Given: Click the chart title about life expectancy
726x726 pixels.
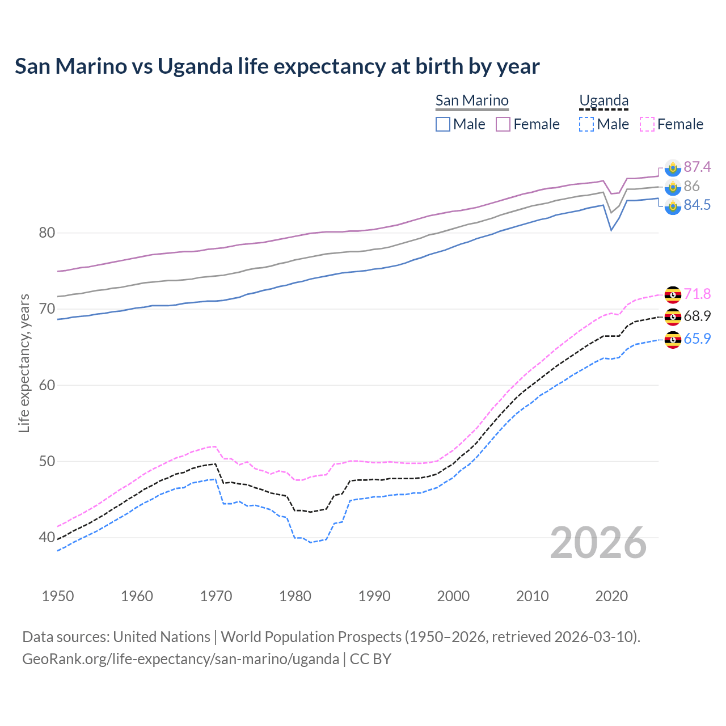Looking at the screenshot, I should point(277,66).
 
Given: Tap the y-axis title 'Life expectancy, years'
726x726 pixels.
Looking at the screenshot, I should point(24,363).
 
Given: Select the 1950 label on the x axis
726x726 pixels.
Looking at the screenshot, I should point(58,596).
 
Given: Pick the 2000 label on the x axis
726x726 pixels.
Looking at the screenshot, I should point(453,596).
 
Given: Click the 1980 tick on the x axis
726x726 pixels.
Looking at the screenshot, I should point(295,596).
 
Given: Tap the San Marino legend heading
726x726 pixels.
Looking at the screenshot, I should point(472,100).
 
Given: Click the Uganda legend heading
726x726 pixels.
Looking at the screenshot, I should point(603,100).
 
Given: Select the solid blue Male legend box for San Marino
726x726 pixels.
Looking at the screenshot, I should point(443,124).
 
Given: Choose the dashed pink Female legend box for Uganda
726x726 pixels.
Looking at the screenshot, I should point(647,124).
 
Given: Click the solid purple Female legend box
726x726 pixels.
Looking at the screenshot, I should point(503,124).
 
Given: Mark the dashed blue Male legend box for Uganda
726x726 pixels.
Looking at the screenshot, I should point(586,124).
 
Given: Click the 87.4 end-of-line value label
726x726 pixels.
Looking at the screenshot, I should point(697,167).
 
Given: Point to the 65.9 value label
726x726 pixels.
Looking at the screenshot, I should point(697,339).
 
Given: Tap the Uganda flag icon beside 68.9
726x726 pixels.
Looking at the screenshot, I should point(673,316).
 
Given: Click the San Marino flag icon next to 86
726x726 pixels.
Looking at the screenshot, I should point(673,187).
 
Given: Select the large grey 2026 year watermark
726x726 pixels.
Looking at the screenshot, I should point(598,543).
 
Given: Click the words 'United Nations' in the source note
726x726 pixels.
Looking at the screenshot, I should point(162,637).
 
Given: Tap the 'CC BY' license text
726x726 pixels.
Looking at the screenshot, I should point(370,659).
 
